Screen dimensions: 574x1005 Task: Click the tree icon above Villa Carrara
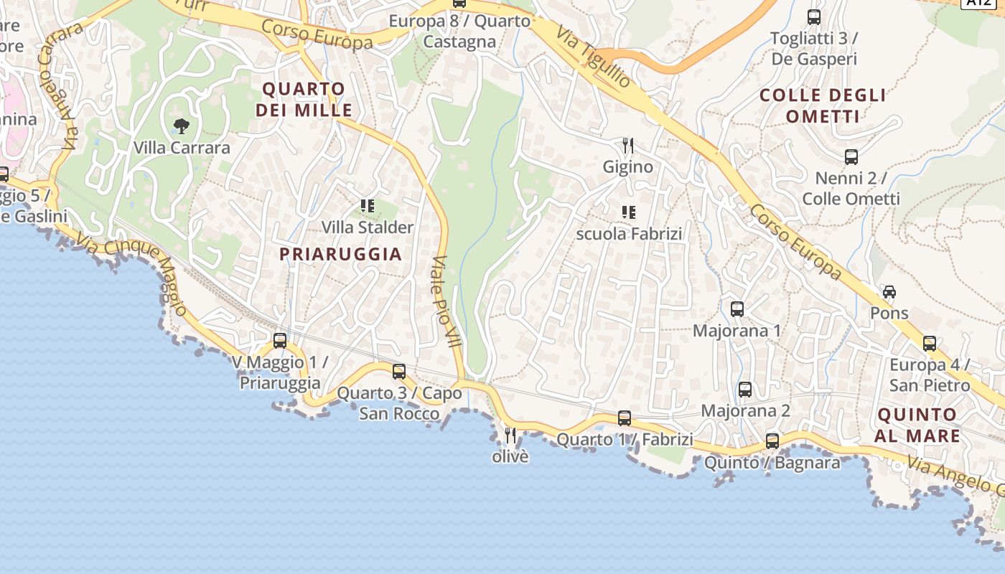182,126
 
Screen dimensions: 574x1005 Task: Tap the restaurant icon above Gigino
628,146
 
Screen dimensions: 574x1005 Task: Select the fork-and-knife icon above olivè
510,435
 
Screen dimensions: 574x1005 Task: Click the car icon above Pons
889,291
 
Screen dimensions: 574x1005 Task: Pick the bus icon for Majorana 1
737,309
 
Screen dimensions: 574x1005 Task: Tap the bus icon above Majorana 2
745,390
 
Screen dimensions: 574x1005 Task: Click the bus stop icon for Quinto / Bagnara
772,441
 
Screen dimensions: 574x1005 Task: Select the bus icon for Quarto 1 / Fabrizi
625,418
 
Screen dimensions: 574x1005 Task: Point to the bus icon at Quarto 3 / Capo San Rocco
399,372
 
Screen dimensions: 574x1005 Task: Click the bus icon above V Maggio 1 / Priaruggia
280,341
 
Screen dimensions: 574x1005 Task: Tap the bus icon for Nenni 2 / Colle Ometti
851,156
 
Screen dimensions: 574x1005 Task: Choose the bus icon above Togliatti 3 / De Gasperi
813,17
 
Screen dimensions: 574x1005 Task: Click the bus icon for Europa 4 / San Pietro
930,344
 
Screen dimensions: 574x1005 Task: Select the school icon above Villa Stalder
368,207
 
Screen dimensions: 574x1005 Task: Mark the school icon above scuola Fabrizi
629,212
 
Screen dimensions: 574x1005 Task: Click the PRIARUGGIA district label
340,254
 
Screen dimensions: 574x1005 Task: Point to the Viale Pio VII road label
446,301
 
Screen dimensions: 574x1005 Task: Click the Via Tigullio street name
594,57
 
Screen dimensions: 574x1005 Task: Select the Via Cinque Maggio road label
133,273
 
